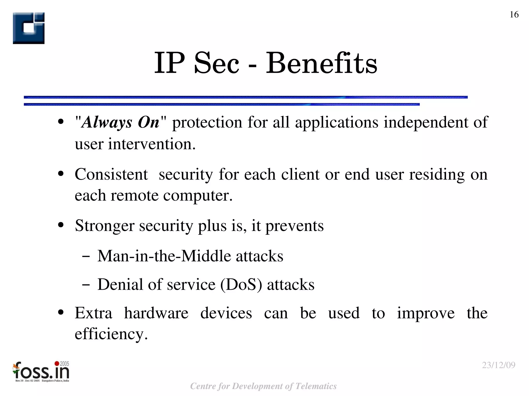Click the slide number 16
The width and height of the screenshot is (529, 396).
tap(514, 14)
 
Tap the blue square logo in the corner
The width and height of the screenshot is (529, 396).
tap(29, 28)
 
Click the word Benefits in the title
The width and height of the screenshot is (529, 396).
tap(321, 63)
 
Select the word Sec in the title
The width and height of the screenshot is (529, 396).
tap(216, 63)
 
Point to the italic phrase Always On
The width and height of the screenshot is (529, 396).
tap(120, 122)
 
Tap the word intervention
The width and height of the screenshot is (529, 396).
tap(152, 144)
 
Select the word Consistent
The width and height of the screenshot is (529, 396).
tap(111, 174)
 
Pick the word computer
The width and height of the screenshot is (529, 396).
tap(198, 195)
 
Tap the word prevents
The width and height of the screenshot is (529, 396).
tap(294, 226)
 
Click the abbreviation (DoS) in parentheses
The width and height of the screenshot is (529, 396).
tap(241, 285)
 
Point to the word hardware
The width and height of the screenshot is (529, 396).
tap(156, 313)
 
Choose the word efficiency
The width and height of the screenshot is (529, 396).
tap(111, 334)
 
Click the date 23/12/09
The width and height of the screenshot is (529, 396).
tap(499, 365)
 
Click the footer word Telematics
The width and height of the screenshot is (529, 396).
tap(316, 386)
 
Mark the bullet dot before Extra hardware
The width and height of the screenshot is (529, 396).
tap(61, 313)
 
